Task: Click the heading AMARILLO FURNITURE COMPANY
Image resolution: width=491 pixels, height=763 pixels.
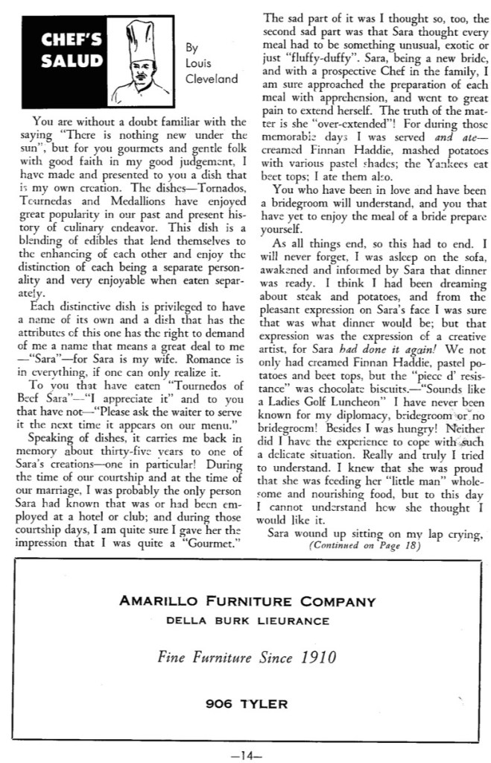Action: click(250, 600)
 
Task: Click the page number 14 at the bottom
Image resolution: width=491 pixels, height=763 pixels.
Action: click(245, 754)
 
